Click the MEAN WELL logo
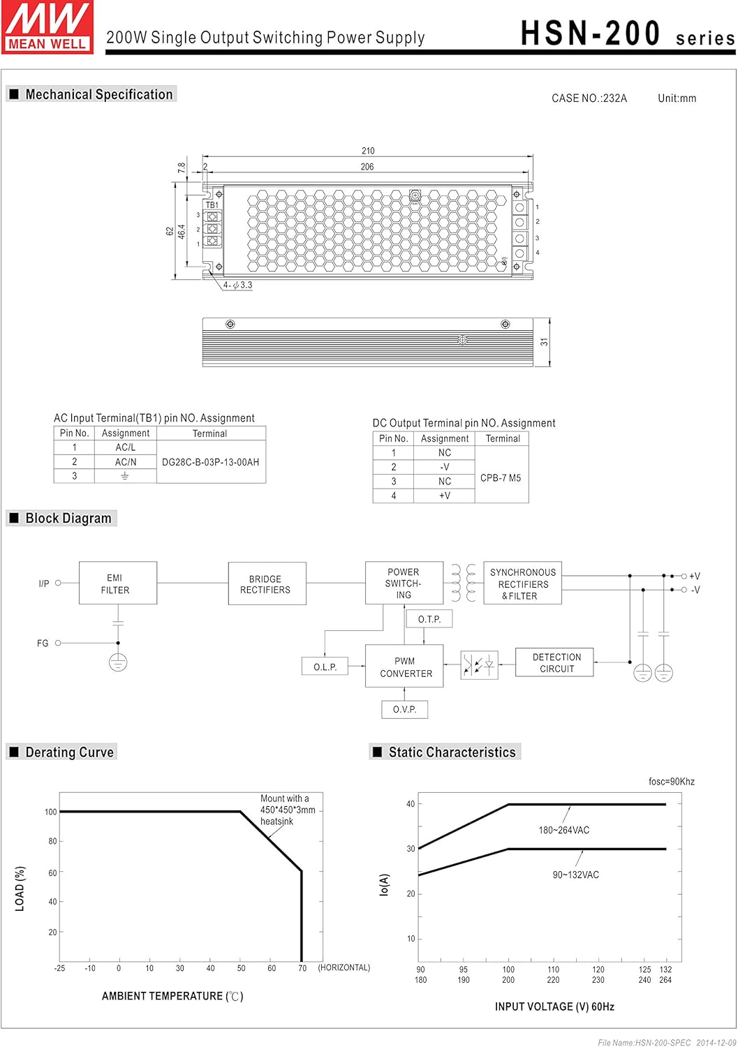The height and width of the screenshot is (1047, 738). [x=47, y=27]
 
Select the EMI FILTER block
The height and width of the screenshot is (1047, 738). [x=117, y=584]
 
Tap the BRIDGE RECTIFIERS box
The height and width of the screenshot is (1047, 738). [x=267, y=584]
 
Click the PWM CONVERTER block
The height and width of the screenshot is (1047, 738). [x=404, y=667]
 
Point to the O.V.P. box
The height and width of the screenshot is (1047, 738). [x=404, y=709]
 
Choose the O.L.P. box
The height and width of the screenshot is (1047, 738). [x=325, y=667]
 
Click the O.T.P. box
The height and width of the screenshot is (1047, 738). [x=429, y=618]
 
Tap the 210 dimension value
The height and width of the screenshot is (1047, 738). [x=368, y=151]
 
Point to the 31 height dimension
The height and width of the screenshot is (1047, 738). [x=544, y=342]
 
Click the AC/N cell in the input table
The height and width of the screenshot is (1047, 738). [x=126, y=462]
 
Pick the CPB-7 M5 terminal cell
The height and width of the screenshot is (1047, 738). [x=501, y=478]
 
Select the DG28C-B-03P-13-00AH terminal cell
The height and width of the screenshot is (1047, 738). [x=210, y=462]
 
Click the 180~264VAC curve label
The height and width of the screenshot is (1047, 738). [x=563, y=830]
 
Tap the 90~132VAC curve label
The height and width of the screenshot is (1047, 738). [x=575, y=875]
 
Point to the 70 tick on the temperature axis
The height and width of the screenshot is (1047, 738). [x=302, y=968]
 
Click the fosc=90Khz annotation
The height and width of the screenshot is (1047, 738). [x=671, y=782]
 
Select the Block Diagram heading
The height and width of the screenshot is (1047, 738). [x=68, y=518]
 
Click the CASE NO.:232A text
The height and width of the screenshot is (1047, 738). [x=589, y=98]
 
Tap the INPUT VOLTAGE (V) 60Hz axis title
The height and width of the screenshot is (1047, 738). [x=554, y=1007]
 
